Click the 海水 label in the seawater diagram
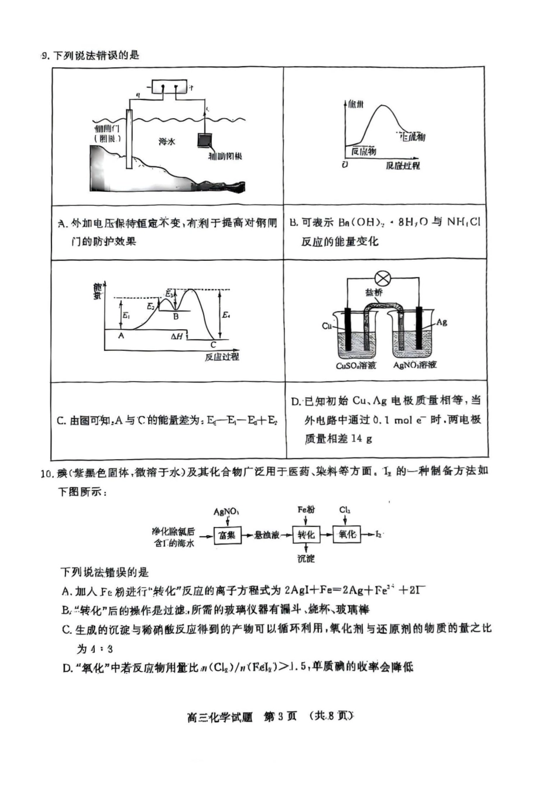167,141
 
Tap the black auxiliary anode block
205,142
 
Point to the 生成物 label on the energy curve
412,136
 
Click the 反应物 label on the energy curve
363,151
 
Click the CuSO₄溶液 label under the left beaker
356,366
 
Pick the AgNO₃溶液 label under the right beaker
415,366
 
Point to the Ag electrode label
441,322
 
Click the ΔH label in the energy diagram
177,336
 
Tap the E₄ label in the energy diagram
226,315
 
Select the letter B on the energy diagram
176,316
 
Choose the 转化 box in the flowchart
306,535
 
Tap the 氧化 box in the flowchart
347,535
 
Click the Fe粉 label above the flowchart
306,509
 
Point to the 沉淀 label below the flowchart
306,559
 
